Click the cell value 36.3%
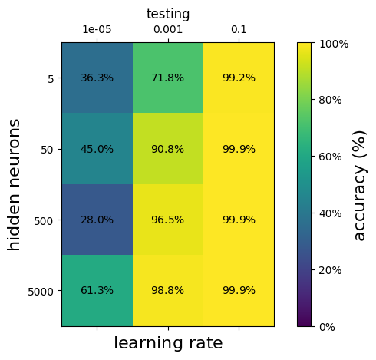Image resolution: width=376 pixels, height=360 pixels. [97, 78]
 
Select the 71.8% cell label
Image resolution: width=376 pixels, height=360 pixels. [167, 78]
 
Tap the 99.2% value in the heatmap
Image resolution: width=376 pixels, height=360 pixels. [239, 78]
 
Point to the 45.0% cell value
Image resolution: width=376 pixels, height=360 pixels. [97, 149]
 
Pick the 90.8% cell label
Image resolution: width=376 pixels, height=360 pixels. [167, 149]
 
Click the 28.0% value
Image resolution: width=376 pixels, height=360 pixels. [97, 220]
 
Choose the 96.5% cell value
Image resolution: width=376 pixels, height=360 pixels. [167, 220]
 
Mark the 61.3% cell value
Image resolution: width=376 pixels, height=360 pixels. [97, 290]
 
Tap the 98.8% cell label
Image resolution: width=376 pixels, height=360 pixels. [167, 290]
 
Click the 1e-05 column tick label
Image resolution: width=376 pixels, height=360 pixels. [97, 30]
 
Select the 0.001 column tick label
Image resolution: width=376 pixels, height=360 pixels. [168, 30]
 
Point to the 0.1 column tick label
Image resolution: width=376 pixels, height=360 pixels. [239, 30]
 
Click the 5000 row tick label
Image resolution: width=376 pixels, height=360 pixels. [41, 292]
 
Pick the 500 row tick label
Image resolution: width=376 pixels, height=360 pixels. [44, 221]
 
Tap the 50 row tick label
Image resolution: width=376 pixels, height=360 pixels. [47, 150]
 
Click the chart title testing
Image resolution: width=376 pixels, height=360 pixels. [168, 14]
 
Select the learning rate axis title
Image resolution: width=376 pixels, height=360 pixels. [168, 343]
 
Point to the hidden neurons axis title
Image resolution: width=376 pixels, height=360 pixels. [13, 185]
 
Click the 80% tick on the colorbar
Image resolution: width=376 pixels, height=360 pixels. [330, 100]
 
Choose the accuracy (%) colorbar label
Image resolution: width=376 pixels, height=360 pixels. [360, 186]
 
